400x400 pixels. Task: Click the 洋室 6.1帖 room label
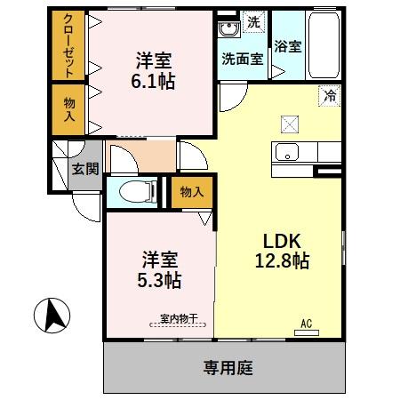coord(155,71)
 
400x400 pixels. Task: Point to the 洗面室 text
coord(242,60)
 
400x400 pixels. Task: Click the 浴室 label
coord(287,46)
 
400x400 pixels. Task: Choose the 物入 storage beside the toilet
coord(192,191)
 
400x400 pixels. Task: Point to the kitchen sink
coord(288,152)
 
